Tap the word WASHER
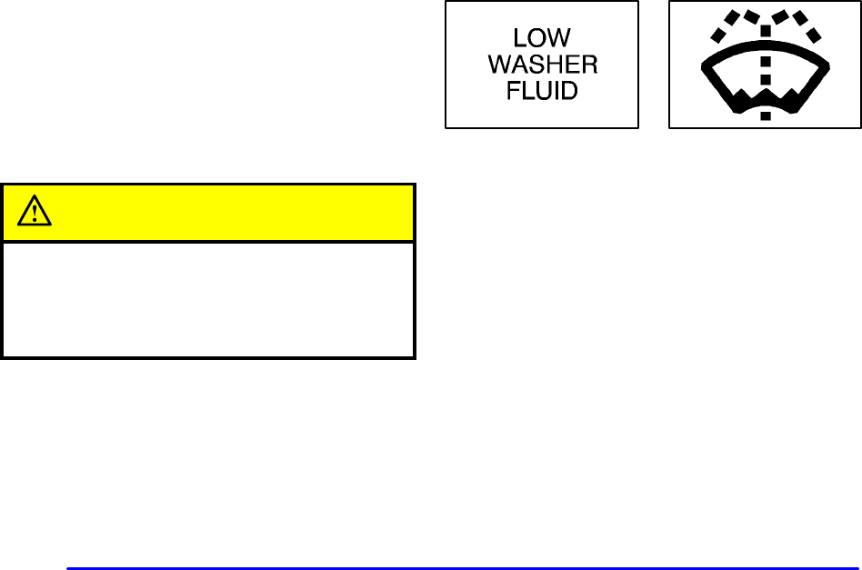coord(542,66)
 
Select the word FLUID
coord(542,92)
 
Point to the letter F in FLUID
coord(513,92)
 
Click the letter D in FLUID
coord(570,92)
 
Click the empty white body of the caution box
coord(208,298)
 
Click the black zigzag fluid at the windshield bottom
coord(765,97)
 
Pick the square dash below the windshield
coord(765,115)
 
